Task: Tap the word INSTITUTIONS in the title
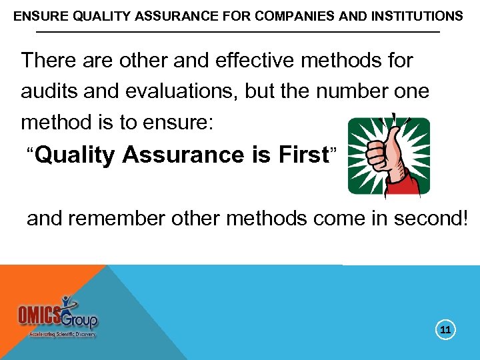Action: (413, 15)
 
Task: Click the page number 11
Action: (446, 329)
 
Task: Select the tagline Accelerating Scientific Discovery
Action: (62, 334)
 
